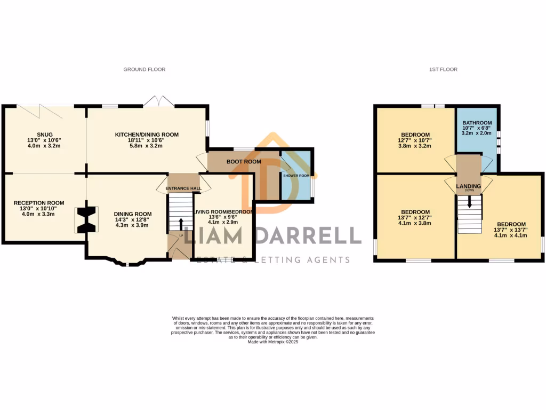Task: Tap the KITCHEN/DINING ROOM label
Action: pyautogui.click(x=147, y=135)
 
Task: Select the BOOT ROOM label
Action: pyautogui.click(x=244, y=161)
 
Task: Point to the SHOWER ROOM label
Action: pyautogui.click(x=296, y=176)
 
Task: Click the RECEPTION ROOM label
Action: pyautogui.click(x=39, y=203)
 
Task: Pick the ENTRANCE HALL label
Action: pyautogui.click(x=183, y=188)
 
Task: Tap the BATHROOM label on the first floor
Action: pyautogui.click(x=477, y=123)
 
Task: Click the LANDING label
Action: pyautogui.click(x=469, y=186)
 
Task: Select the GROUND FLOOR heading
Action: pyautogui.click(x=144, y=69)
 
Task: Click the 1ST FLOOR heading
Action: pyautogui.click(x=443, y=69)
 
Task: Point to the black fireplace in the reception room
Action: pyautogui.click(x=88, y=219)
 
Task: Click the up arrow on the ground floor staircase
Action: pyautogui.click(x=180, y=224)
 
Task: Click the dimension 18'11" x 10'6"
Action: pyautogui.click(x=147, y=140)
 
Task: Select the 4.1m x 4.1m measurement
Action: pyautogui.click(x=511, y=235)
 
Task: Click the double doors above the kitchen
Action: pyautogui.click(x=158, y=101)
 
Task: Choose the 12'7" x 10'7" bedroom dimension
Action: pyautogui.click(x=415, y=140)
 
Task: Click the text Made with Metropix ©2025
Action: pyautogui.click(x=272, y=342)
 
